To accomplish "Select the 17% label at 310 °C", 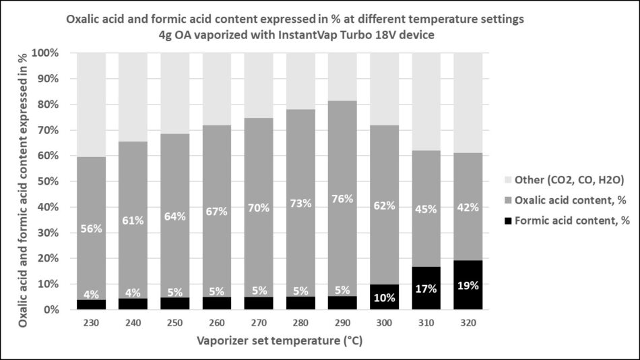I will click(x=425, y=289).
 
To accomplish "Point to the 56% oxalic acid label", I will click(x=91, y=229).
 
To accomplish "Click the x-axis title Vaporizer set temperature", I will click(x=279, y=341).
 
